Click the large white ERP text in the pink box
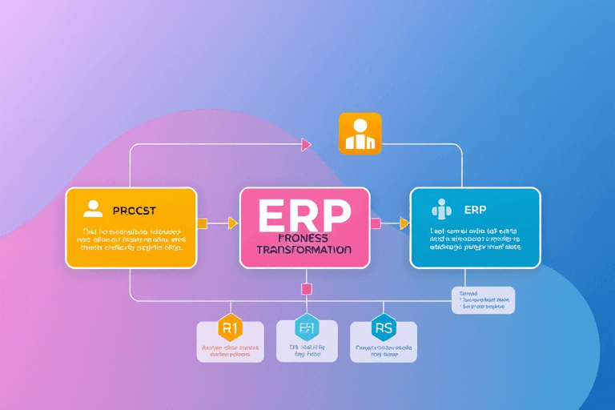pos(305,215)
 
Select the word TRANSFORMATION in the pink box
pos(305,250)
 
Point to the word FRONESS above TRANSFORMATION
pos(305,238)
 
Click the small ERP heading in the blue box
pos(475,210)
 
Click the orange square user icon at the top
pos(360,132)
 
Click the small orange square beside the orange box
pos(202,223)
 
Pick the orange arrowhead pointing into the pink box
pos(233,223)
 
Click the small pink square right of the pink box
pos(375,223)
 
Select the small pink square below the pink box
pos(305,288)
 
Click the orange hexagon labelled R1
pos(230,329)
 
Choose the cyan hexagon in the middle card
pos(305,328)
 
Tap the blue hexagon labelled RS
pos(383,328)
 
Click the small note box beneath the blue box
pos(483,300)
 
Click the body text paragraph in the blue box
pos(475,239)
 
